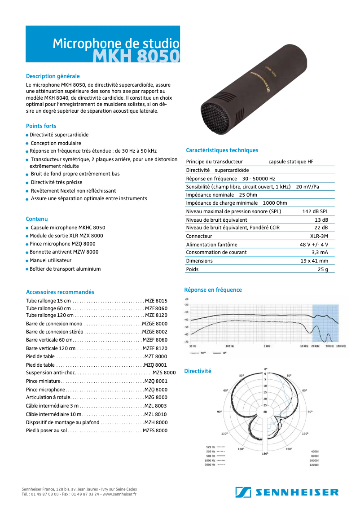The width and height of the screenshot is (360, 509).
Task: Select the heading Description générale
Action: point(53,76)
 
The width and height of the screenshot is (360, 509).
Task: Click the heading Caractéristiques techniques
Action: point(222,150)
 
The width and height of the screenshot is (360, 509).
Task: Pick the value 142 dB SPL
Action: point(315,211)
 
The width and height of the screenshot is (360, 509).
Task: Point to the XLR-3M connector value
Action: point(319,236)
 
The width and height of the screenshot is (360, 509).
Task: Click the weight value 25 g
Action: point(323,269)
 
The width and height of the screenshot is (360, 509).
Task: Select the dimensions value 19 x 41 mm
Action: point(314,261)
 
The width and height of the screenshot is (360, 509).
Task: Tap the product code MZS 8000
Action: point(164,373)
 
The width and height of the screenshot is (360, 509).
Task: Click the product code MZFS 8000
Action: point(155,430)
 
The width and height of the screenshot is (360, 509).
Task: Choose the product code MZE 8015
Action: point(156,301)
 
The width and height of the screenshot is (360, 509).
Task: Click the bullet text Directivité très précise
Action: point(57,182)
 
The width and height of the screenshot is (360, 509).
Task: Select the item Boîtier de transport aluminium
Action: point(65,269)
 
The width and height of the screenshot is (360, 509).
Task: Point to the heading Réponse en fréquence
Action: point(213,290)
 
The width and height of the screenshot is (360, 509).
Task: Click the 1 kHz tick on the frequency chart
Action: point(267,346)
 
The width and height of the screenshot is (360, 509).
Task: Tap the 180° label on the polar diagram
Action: point(265,454)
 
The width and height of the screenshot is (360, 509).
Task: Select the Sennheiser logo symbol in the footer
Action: point(242,492)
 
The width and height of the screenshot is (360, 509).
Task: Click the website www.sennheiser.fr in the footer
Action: point(119,494)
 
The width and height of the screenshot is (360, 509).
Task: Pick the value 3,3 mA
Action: point(320,252)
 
